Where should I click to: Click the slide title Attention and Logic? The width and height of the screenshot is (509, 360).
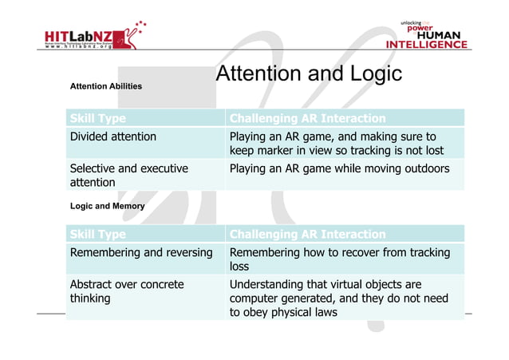coord(309,75)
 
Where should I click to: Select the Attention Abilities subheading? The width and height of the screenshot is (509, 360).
coord(106,86)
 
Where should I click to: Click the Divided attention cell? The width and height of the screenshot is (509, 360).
coord(113,136)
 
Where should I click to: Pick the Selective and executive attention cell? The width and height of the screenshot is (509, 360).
coord(129,176)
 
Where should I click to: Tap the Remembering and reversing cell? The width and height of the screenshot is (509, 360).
coord(141,253)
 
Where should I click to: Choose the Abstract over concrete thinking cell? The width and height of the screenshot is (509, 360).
coord(127,291)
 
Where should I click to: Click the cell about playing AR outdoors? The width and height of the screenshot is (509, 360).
coord(339,169)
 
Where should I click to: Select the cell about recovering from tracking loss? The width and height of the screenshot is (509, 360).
coord(339,259)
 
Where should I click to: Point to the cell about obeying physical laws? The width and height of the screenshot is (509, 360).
coord(339,298)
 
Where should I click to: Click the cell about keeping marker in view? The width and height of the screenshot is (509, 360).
coord(339,144)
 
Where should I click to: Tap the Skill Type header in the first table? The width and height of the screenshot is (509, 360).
coord(98,119)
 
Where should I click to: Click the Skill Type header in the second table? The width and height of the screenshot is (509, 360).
coord(98,235)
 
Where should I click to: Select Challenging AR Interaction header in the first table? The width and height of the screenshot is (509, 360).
coord(307,119)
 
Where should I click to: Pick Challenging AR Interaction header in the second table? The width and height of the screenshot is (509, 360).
coord(307,235)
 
